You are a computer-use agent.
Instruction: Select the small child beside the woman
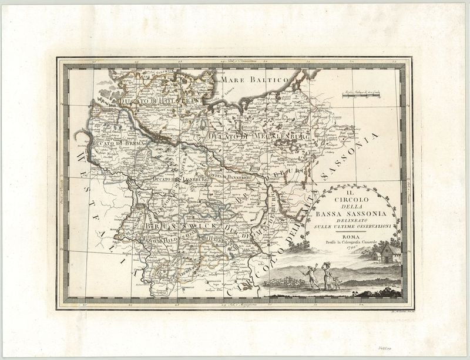(337, 282)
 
